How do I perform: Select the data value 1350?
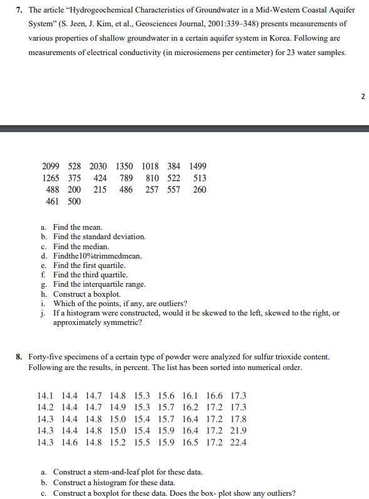[124, 166]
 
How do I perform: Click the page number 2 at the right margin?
[363, 96]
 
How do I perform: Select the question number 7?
[20, 11]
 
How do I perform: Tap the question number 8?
[20, 356]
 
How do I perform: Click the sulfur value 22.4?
[239, 442]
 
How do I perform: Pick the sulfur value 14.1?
[46, 396]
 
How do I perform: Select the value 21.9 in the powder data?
[239, 431]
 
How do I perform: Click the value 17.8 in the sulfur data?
[239, 419]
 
